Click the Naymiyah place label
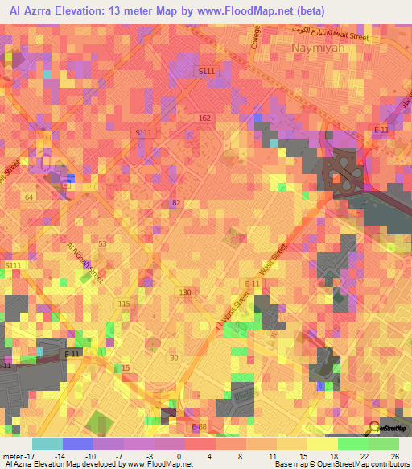pyautogui.click(x=316, y=48)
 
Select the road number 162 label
pyautogui.click(x=204, y=118)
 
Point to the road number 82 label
pyautogui.click(x=177, y=202)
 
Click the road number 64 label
pyautogui.click(x=29, y=197)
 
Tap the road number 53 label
pyautogui.click(x=102, y=243)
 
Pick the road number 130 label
pyautogui.click(x=185, y=292)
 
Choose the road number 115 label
pyautogui.click(x=123, y=303)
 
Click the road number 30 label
pyautogui.click(x=173, y=357)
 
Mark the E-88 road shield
pyautogui.click(x=200, y=427)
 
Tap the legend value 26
pyautogui.click(x=394, y=455)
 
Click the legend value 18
pyautogui.click(x=333, y=455)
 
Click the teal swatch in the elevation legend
pyautogui.click(x=47, y=444)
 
